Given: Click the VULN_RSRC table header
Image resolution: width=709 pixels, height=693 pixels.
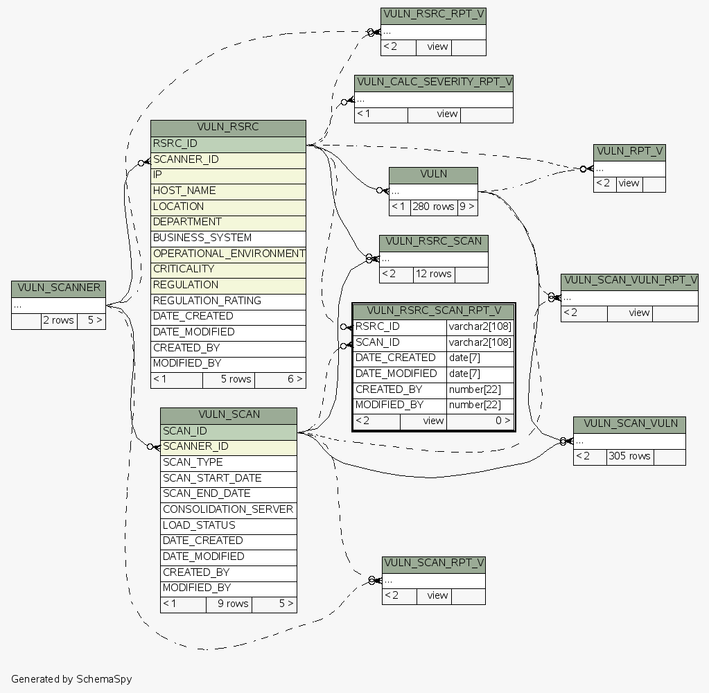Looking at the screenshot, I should coord(228,128).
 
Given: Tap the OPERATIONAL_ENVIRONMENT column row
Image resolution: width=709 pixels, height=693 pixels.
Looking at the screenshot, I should coord(228,254).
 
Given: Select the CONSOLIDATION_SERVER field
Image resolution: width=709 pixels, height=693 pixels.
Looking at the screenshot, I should coord(228,509).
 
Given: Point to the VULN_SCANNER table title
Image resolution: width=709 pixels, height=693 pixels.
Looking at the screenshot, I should coord(59,288).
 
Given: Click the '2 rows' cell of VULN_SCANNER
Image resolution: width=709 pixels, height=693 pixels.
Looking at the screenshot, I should coord(58,320).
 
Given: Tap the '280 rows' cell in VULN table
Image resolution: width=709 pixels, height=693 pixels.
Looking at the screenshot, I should coord(433,207).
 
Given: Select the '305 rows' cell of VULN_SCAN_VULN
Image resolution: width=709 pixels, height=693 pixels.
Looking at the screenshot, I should coord(629,456).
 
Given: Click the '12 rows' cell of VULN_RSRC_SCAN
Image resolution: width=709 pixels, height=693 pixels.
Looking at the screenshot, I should coord(433,274).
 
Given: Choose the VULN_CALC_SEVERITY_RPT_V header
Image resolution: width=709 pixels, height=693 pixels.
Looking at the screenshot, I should coord(434,82).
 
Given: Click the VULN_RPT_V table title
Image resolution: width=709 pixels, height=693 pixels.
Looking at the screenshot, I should coord(629,151).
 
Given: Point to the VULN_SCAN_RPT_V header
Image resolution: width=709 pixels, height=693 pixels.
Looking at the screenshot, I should coord(434,563).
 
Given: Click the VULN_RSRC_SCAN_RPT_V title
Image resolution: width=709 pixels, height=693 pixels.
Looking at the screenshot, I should coord(434,310).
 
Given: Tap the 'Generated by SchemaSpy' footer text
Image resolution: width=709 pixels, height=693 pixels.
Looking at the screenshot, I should coord(71,679).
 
